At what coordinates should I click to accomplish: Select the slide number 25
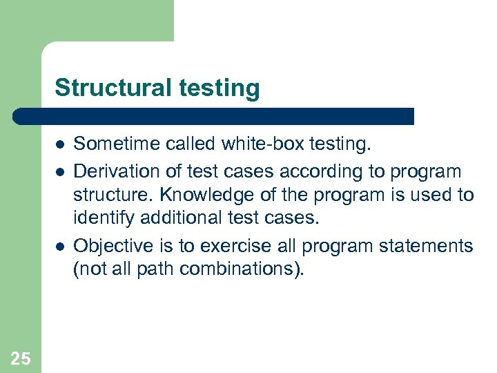(21, 357)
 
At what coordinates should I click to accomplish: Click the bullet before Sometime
(60, 144)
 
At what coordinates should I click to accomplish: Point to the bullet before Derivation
(60, 170)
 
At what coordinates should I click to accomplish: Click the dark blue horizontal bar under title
(214, 116)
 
